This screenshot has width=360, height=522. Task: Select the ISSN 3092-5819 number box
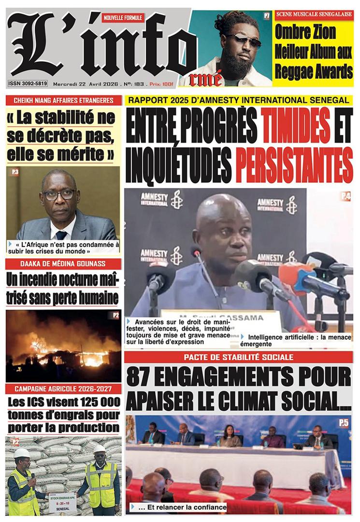(x=28, y=84)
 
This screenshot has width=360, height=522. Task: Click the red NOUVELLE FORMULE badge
(x=123, y=18)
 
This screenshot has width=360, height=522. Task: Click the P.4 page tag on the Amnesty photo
(x=346, y=196)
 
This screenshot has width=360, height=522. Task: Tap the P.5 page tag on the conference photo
(x=344, y=423)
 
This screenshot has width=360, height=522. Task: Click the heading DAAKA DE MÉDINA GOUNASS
(x=63, y=264)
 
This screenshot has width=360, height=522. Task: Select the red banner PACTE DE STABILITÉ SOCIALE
(x=238, y=357)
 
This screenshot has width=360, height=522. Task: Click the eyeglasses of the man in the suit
(x=59, y=194)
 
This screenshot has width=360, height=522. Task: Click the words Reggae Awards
(x=313, y=72)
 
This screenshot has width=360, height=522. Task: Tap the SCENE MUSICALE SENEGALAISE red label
(x=313, y=14)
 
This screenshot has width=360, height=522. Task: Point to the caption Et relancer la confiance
(x=181, y=507)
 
